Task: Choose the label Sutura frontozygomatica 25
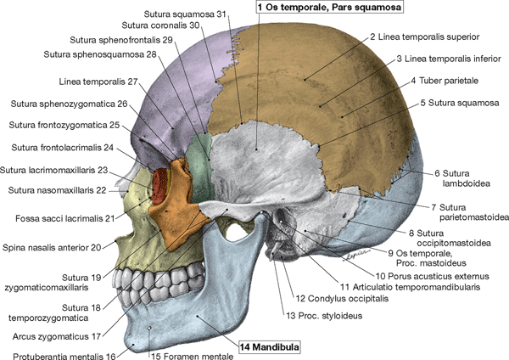[x=64, y=125]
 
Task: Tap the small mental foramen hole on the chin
[x=150, y=328]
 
